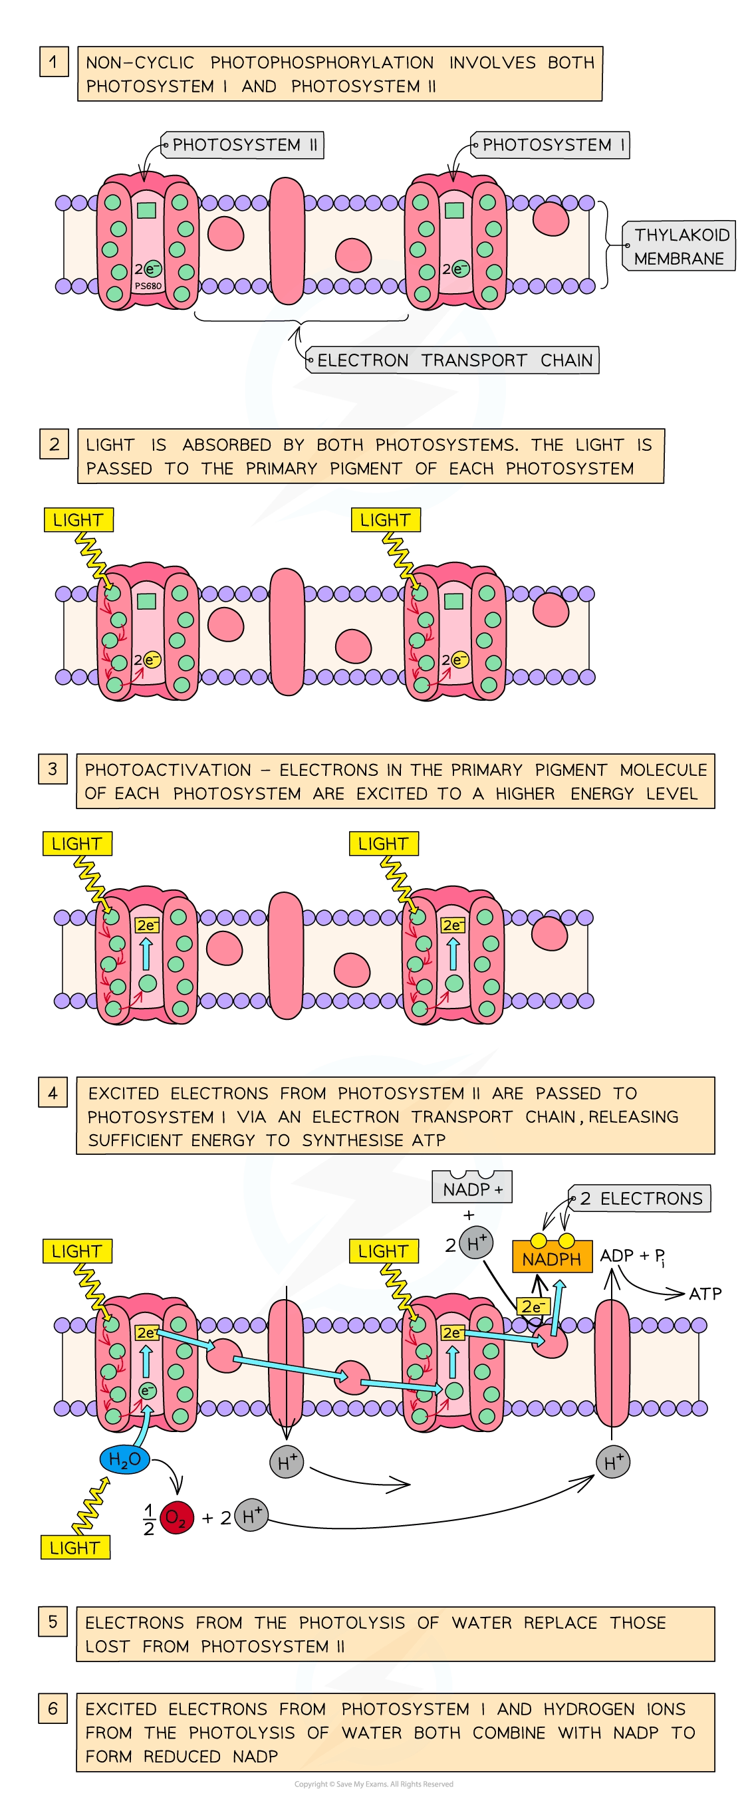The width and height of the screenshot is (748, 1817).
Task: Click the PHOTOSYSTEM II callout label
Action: [x=243, y=146]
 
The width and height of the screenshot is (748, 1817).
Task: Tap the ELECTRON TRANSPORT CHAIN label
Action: [x=453, y=360]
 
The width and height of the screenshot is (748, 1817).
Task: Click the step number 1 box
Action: [x=54, y=62]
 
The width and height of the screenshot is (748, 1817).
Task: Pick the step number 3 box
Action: [x=53, y=769]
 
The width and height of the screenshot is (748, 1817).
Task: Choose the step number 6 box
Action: [x=53, y=1709]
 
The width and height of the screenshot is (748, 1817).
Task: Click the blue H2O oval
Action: [x=125, y=1459]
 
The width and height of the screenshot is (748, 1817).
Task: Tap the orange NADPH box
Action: [x=551, y=1259]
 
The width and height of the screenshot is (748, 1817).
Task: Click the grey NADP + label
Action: [x=472, y=1190]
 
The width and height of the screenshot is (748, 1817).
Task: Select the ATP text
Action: [x=705, y=1294]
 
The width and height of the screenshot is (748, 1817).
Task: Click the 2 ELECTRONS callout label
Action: [x=642, y=1199]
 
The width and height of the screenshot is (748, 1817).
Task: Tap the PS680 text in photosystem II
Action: [x=148, y=287]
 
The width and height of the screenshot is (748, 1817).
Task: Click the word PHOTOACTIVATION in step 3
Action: [x=168, y=769]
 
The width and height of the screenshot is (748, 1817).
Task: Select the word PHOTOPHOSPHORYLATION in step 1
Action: [x=322, y=62]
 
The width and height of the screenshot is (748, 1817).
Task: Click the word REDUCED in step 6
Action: [x=182, y=1756]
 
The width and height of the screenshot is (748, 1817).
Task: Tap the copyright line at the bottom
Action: [x=374, y=1784]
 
